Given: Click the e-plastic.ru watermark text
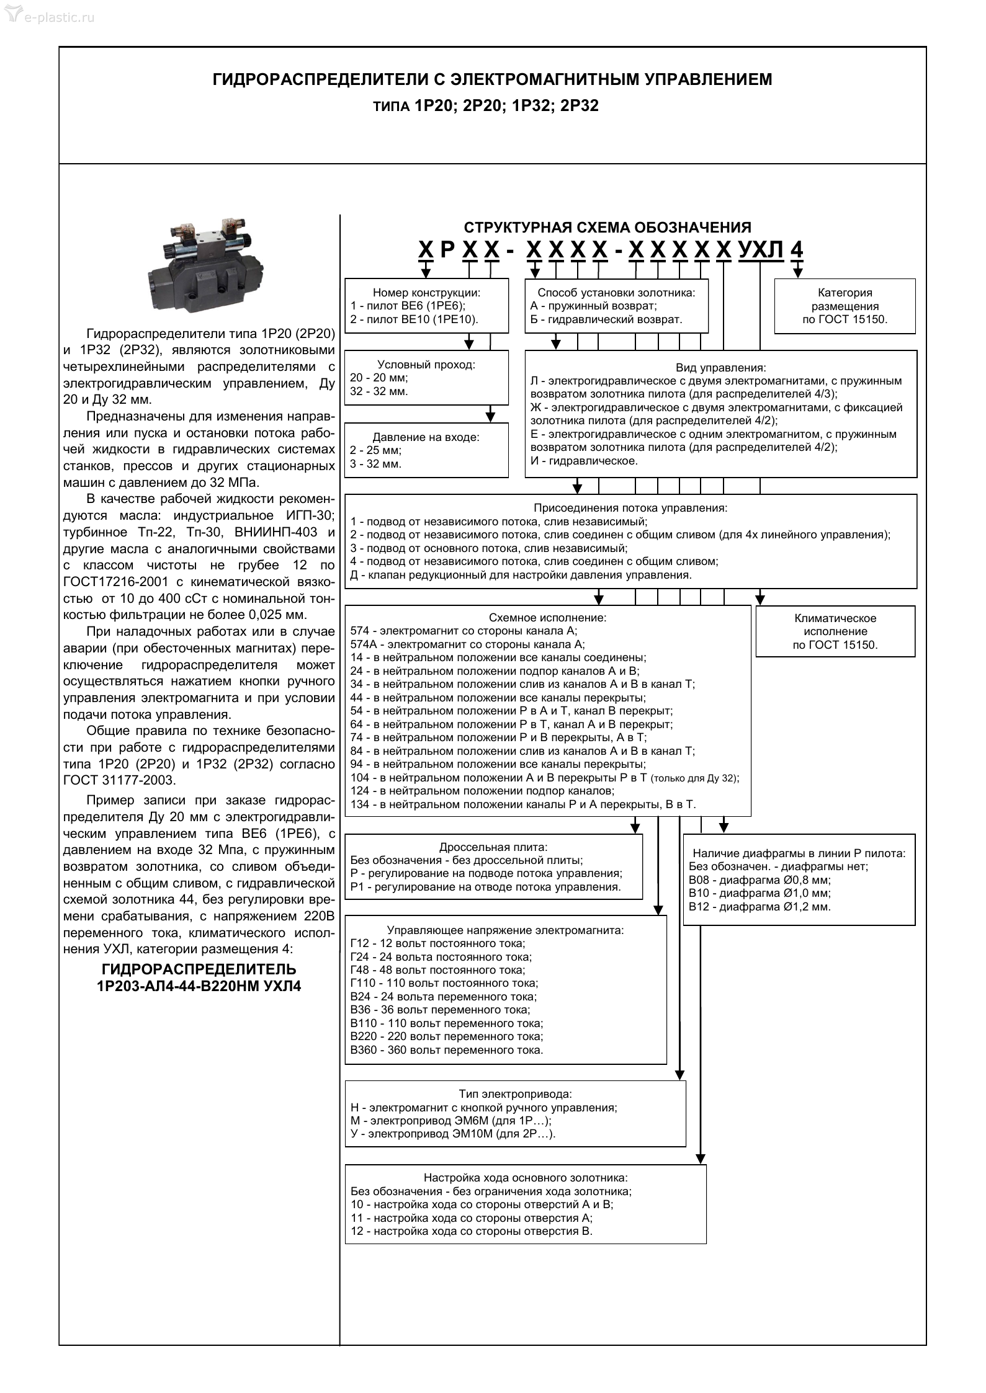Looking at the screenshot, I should coord(58,17).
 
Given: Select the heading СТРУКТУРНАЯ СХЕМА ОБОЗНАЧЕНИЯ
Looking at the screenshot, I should coord(607,228).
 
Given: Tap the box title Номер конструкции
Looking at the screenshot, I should coord(426,293).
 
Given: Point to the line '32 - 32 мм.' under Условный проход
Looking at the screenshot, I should coord(379,391).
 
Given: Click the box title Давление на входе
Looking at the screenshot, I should coord(426,437).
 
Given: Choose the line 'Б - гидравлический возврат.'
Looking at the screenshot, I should coord(606,320).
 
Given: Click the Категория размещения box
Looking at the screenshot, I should coord(844,306).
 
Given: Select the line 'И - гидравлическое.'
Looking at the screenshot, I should coord(584,461).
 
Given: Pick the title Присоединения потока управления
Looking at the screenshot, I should coord(630,508).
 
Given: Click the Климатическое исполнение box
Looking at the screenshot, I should coord(835,631).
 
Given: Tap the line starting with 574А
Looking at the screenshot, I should coord(467,644).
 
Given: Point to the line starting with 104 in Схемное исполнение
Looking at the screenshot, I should coord(545,778).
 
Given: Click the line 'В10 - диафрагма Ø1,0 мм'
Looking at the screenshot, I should coord(760,894).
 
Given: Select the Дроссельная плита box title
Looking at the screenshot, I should coord(493,847).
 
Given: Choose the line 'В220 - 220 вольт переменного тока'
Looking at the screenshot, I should coord(447,1036).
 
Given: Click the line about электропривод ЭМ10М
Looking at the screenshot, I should coord(453,1134).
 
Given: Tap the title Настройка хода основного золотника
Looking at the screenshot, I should coord(526,1178).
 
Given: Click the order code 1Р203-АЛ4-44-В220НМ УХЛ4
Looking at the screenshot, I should coord(199,986).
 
